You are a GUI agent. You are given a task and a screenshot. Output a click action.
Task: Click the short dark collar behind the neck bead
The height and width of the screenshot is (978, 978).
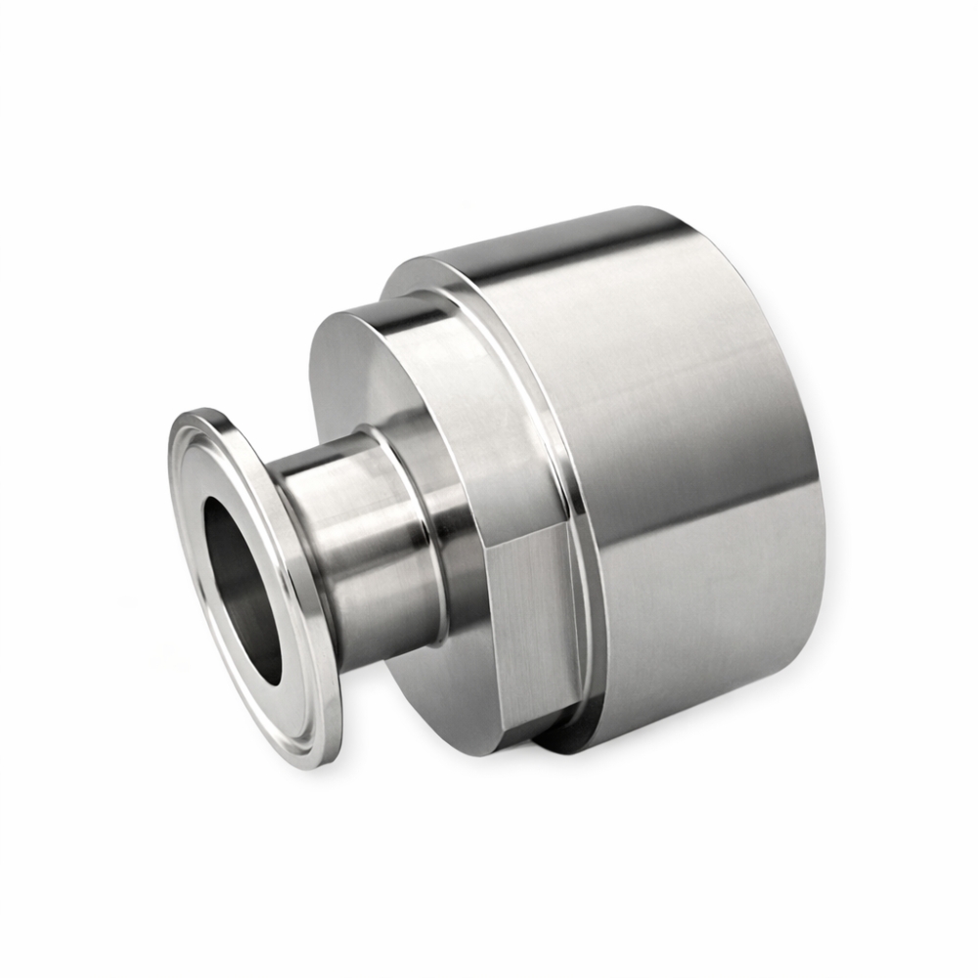pos(460,548)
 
